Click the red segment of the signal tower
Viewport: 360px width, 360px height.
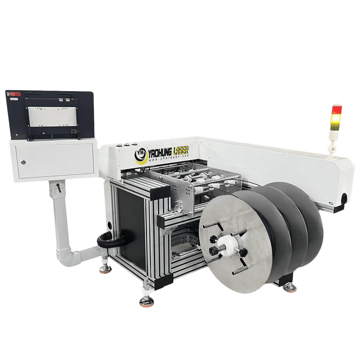point(337,109)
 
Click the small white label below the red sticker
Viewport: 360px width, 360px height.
point(13,98)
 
